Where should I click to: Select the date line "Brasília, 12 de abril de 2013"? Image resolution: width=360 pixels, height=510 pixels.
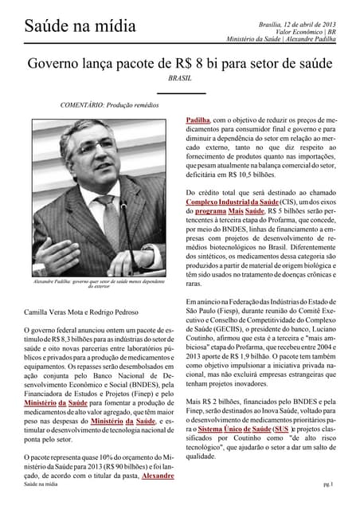(x=293, y=25)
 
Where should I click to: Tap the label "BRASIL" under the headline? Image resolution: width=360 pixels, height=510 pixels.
(x=181, y=79)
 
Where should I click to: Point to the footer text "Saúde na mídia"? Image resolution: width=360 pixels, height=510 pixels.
(x=43, y=484)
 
